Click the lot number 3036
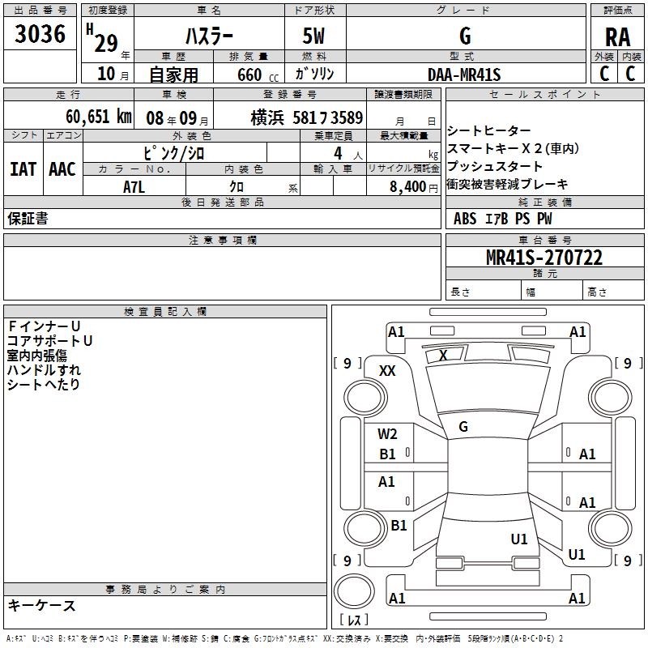(40, 35)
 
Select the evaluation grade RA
(617, 38)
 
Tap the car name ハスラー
(208, 36)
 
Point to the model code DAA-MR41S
(465, 75)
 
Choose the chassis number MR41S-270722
(544, 258)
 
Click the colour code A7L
(134, 187)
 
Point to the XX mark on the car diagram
(387, 370)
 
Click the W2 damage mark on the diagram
(387, 434)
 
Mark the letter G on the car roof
(463, 427)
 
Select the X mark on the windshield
(442, 355)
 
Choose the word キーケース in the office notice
(41, 605)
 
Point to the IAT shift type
(23, 168)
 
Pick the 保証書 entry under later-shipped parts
(28, 219)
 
